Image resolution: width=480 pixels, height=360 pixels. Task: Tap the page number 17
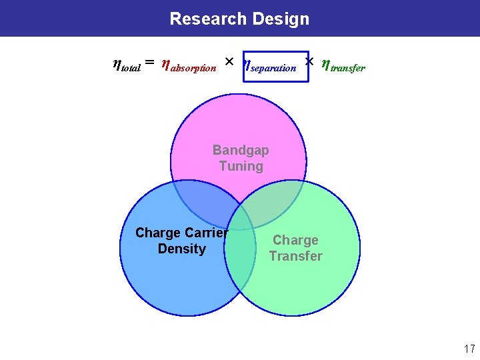[469, 348]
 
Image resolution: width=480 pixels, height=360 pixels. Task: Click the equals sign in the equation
[150, 63]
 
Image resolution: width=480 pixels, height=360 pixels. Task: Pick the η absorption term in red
[189, 65]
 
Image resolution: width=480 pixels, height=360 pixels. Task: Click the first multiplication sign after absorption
[228, 62]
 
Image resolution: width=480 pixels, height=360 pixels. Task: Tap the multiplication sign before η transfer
[309, 62]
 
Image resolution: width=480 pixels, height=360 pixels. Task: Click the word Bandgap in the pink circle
[241, 150]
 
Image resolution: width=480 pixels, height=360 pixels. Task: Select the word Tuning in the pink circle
[241, 166]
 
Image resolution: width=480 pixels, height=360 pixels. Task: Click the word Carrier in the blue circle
[205, 233]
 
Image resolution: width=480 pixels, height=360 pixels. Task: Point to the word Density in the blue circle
[181, 249]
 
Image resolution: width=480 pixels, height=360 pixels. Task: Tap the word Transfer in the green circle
[295, 256]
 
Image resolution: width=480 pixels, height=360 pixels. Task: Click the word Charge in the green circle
[295, 240]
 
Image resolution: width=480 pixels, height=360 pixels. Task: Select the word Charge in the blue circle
[157, 233]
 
